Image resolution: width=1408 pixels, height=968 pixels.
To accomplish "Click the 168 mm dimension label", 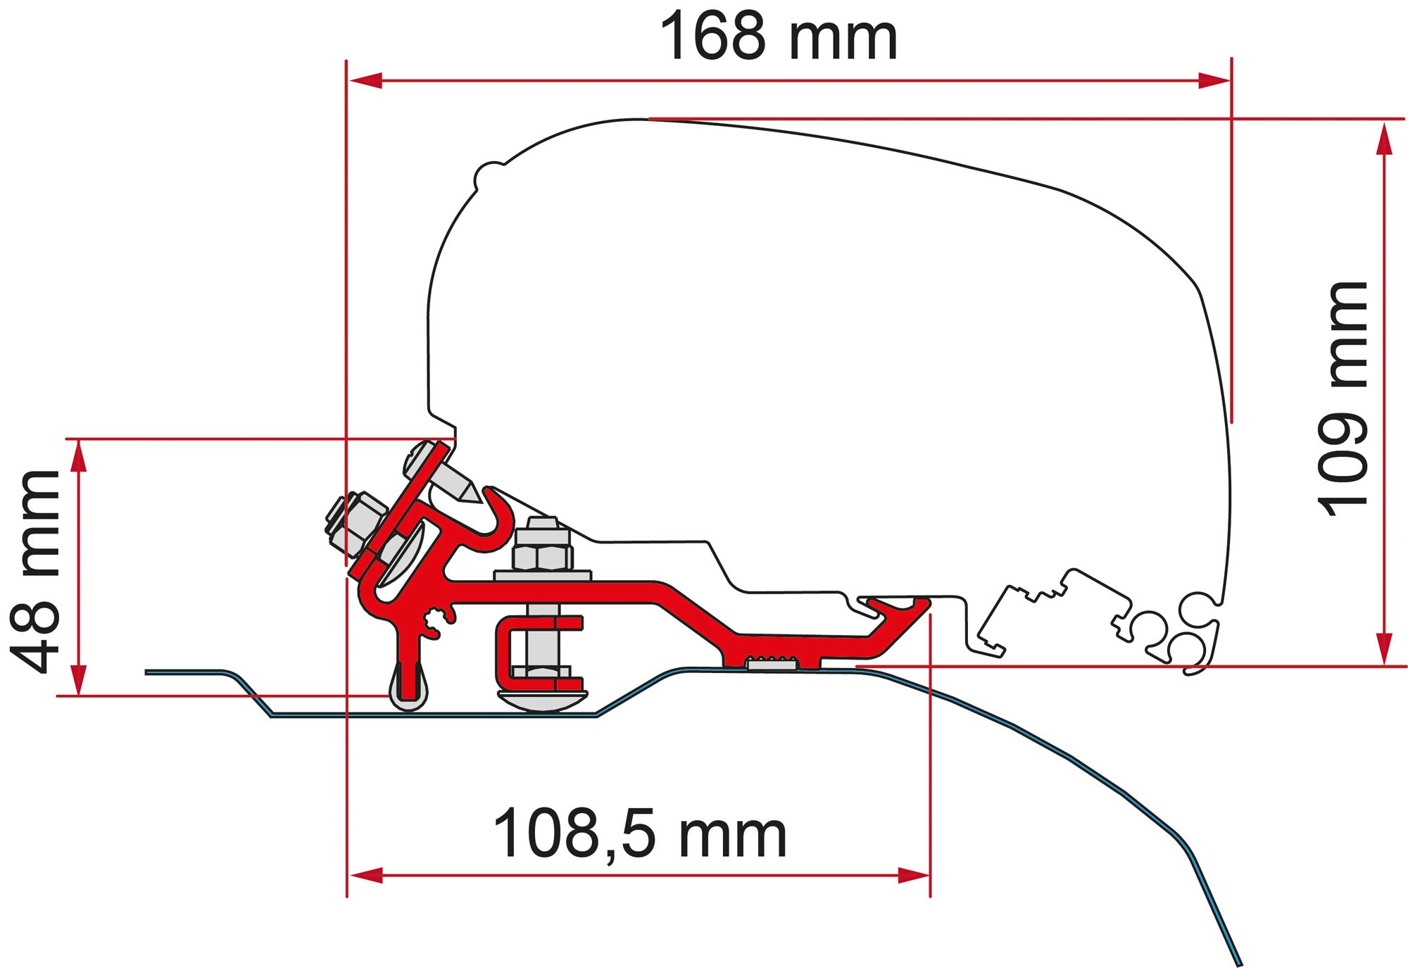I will coord(778,37).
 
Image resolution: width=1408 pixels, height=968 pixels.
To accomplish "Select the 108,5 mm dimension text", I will coord(639,834).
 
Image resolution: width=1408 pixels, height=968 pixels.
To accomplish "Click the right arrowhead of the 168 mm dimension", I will coord(1214,81).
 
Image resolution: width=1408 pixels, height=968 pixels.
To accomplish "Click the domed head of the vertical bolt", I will coord(542,700).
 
